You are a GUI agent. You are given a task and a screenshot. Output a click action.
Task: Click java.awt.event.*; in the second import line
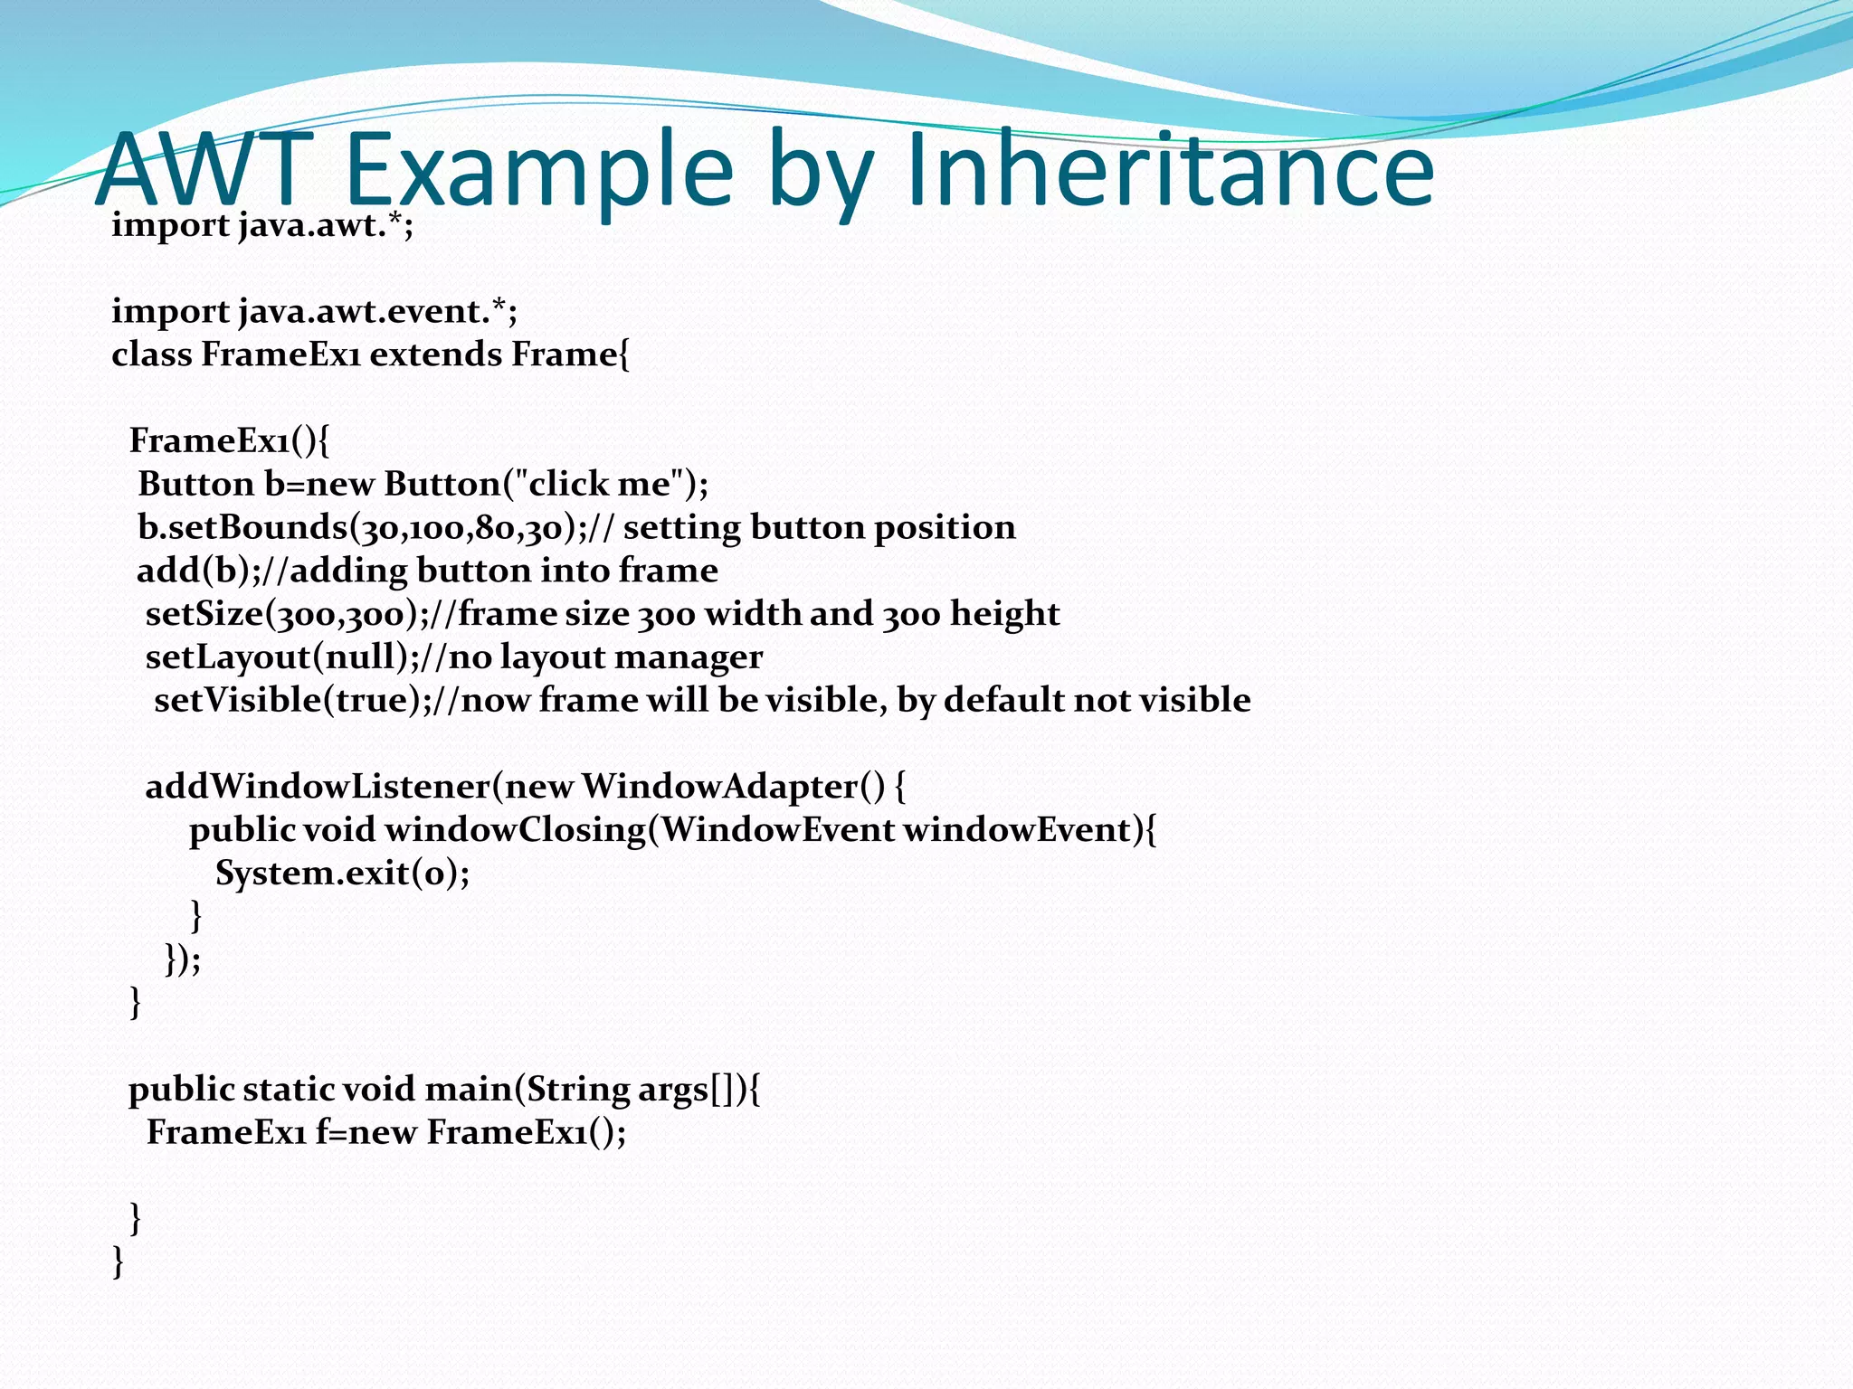pos(378,312)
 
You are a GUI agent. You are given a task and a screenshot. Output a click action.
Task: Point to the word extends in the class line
pos(436,354)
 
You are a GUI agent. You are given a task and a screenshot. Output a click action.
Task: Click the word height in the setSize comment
pos(1004,614)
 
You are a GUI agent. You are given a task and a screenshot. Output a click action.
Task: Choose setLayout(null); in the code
pos(281,657)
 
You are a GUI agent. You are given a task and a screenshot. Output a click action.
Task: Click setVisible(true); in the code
pos(292,701)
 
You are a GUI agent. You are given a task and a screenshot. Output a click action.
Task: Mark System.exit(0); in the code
pos(342,874)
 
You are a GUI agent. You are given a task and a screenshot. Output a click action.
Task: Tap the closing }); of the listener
pos(183,959)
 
